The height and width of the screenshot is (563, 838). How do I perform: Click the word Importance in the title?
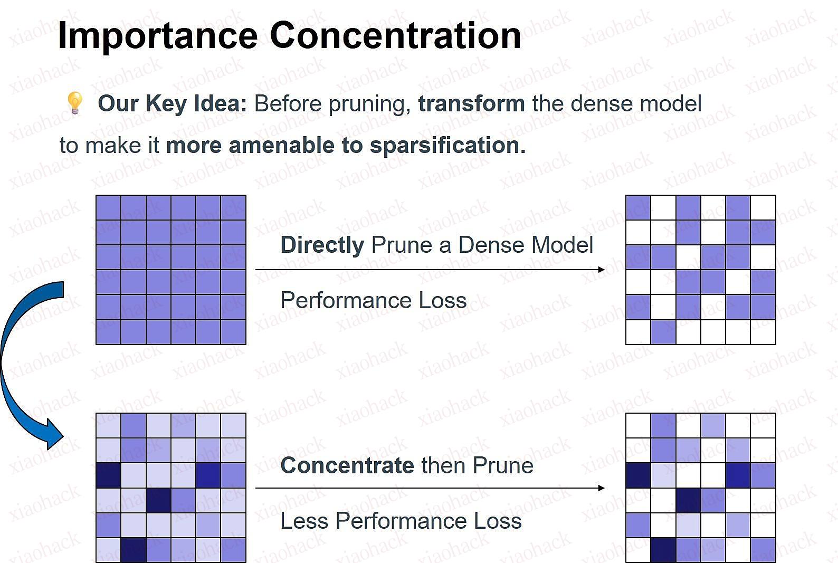(x=158, y=36)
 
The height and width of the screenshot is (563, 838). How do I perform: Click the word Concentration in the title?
(x=395, y=35)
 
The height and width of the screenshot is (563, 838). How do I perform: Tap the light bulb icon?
(x=74, y=102)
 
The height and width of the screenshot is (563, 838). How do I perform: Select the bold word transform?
(x=471, y=103)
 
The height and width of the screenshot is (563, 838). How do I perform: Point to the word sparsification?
(x=447, y=145)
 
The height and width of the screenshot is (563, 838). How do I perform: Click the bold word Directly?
(x=322, y=245)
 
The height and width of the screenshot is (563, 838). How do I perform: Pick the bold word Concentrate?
(x=347, y=465)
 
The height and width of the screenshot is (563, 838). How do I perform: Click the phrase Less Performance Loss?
(x=401, y=520)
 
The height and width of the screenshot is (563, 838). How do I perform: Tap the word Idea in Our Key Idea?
(x=220, y=103)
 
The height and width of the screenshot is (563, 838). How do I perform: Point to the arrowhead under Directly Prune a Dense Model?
(x=601, y=269)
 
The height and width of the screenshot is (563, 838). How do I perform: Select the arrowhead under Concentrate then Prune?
(x=601, y=488)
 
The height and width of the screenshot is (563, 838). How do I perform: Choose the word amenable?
(x=281, y=145)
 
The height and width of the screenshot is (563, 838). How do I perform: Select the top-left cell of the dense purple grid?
(x=109, y=207)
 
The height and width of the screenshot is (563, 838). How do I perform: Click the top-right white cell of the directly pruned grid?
(x=763, y=207)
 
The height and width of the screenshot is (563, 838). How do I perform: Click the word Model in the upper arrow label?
(x=562, y=245)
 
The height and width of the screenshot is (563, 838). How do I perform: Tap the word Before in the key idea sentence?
(x=287, y=103)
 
